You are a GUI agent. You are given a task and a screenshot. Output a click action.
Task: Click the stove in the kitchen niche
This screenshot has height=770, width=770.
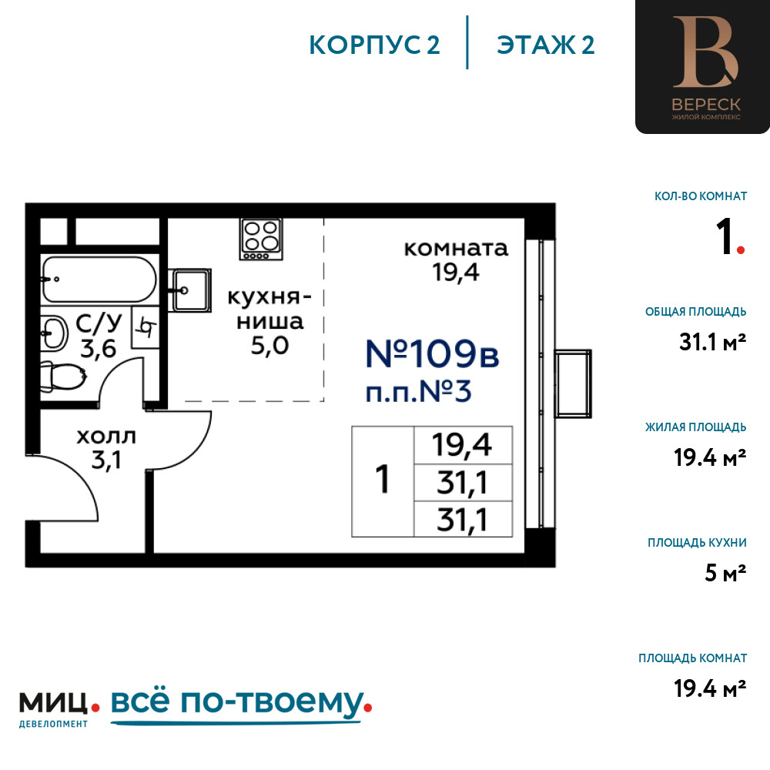pyautogui.click(x=261, y=239)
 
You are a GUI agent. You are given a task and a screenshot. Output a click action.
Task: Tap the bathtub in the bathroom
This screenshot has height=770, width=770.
pyautogui.click(x=99, y=280)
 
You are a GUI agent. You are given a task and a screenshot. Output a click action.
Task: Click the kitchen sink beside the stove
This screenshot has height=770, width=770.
pyautogui.click(x=190, y=290)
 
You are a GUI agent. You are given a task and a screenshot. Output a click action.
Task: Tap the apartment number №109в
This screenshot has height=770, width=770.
pyautogui.click(x=432, y=353)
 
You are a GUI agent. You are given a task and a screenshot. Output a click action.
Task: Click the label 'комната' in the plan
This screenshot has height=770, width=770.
pyautogui.click(x=456, y=249)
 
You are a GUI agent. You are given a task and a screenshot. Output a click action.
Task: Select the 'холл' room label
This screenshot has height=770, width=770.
pyautogui.click(x=106, y=436)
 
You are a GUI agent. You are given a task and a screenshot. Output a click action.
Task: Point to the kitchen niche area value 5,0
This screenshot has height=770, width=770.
pyautogui.click(x=269, y=346)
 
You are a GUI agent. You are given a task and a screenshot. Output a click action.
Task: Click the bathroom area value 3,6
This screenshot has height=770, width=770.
pyautogui.click(x=99, y=349)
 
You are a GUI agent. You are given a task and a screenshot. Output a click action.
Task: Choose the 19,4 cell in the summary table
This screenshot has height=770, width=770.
pyautogui.click(x=463, y=445)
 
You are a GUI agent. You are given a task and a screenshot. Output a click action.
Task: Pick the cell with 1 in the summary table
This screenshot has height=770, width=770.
pyautogui.click(x=383, y=481)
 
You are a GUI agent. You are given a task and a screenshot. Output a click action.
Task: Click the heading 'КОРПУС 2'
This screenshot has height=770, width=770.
pyautogui.click(x=374, y=45)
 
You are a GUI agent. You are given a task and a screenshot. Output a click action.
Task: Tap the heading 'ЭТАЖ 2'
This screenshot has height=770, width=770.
pyautogui.click(x=546, y=45)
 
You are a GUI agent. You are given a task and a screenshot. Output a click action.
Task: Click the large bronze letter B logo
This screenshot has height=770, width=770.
pyautogui.click(x=705, y=52)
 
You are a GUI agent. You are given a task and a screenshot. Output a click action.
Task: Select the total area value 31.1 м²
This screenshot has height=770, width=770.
pyautogui.click(x=712, y=342)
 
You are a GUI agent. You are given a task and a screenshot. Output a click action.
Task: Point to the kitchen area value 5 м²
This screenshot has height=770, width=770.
pyautogui.click(x=725, y=573)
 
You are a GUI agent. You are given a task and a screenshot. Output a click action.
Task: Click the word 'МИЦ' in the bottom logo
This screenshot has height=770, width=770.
pyautogui.click(x=54, y=703)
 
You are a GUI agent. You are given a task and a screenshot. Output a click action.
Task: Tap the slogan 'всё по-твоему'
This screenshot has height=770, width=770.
pyautogui.click(x=236, y=702)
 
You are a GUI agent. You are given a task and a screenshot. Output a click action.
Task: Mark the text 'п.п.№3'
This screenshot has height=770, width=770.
pyautogui.click(x=418, y=392)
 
